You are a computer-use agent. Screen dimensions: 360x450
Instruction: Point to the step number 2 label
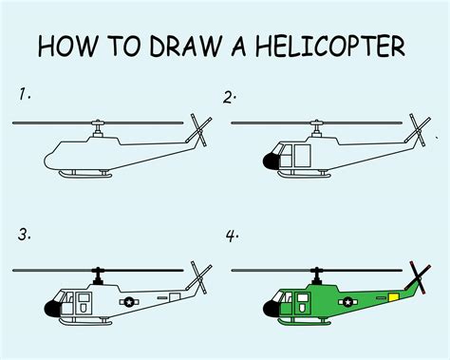[x=230, y=95]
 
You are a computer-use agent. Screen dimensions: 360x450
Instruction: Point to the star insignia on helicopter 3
[x=129, y=302]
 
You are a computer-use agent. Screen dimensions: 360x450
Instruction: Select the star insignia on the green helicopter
[x=345, y=303]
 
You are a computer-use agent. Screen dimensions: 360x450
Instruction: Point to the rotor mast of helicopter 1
[x=96, y=130]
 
